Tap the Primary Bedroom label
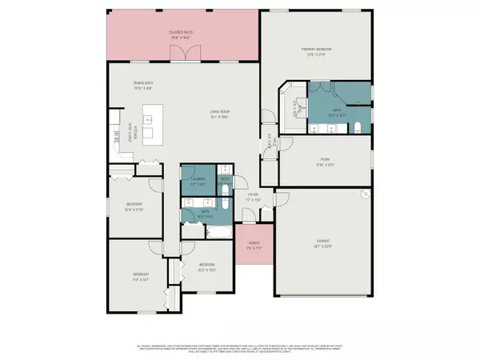click(316, 51)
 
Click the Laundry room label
click(198, 182)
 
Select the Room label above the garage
click(326, 162)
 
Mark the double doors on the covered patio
click(183, 54)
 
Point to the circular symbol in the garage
click(366, 193)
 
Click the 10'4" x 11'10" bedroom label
click(133, 206)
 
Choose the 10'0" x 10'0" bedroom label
click(207, 266)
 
